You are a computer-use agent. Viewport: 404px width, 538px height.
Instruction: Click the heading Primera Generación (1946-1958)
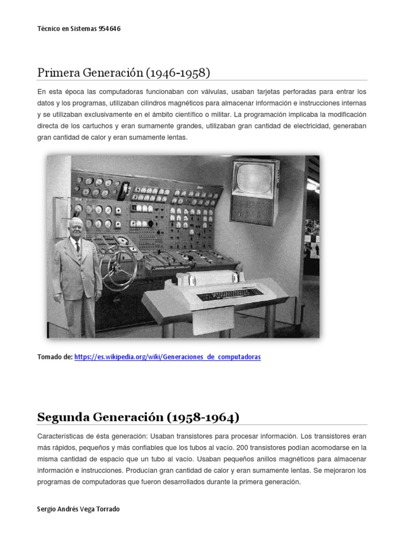[x=124, y=73]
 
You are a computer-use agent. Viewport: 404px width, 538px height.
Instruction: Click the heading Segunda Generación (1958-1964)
[x=138, y=417]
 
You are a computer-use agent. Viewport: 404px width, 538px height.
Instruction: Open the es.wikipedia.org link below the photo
[x=167, y=357]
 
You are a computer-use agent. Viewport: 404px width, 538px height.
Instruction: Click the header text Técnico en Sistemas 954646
[x=79, y=29]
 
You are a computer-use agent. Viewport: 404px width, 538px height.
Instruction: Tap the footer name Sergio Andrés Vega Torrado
[x=83, y=509]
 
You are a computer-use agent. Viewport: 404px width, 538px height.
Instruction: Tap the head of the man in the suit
[x=76, y=227]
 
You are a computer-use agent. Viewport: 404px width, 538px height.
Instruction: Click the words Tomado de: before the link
[x=55, y=357]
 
